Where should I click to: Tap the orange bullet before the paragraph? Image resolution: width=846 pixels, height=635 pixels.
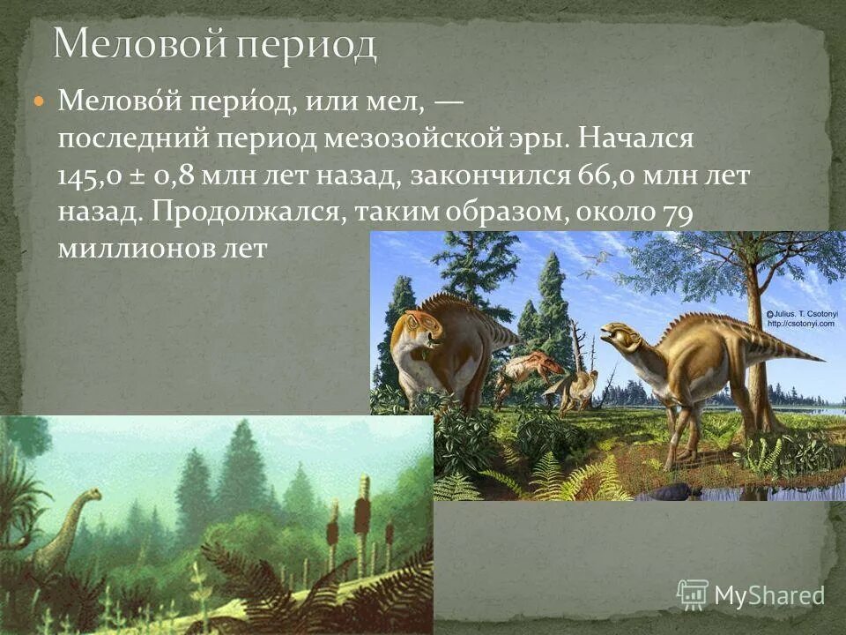[x=38, y=103]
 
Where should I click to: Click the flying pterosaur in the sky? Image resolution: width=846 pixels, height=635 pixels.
[x=597, y=258]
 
